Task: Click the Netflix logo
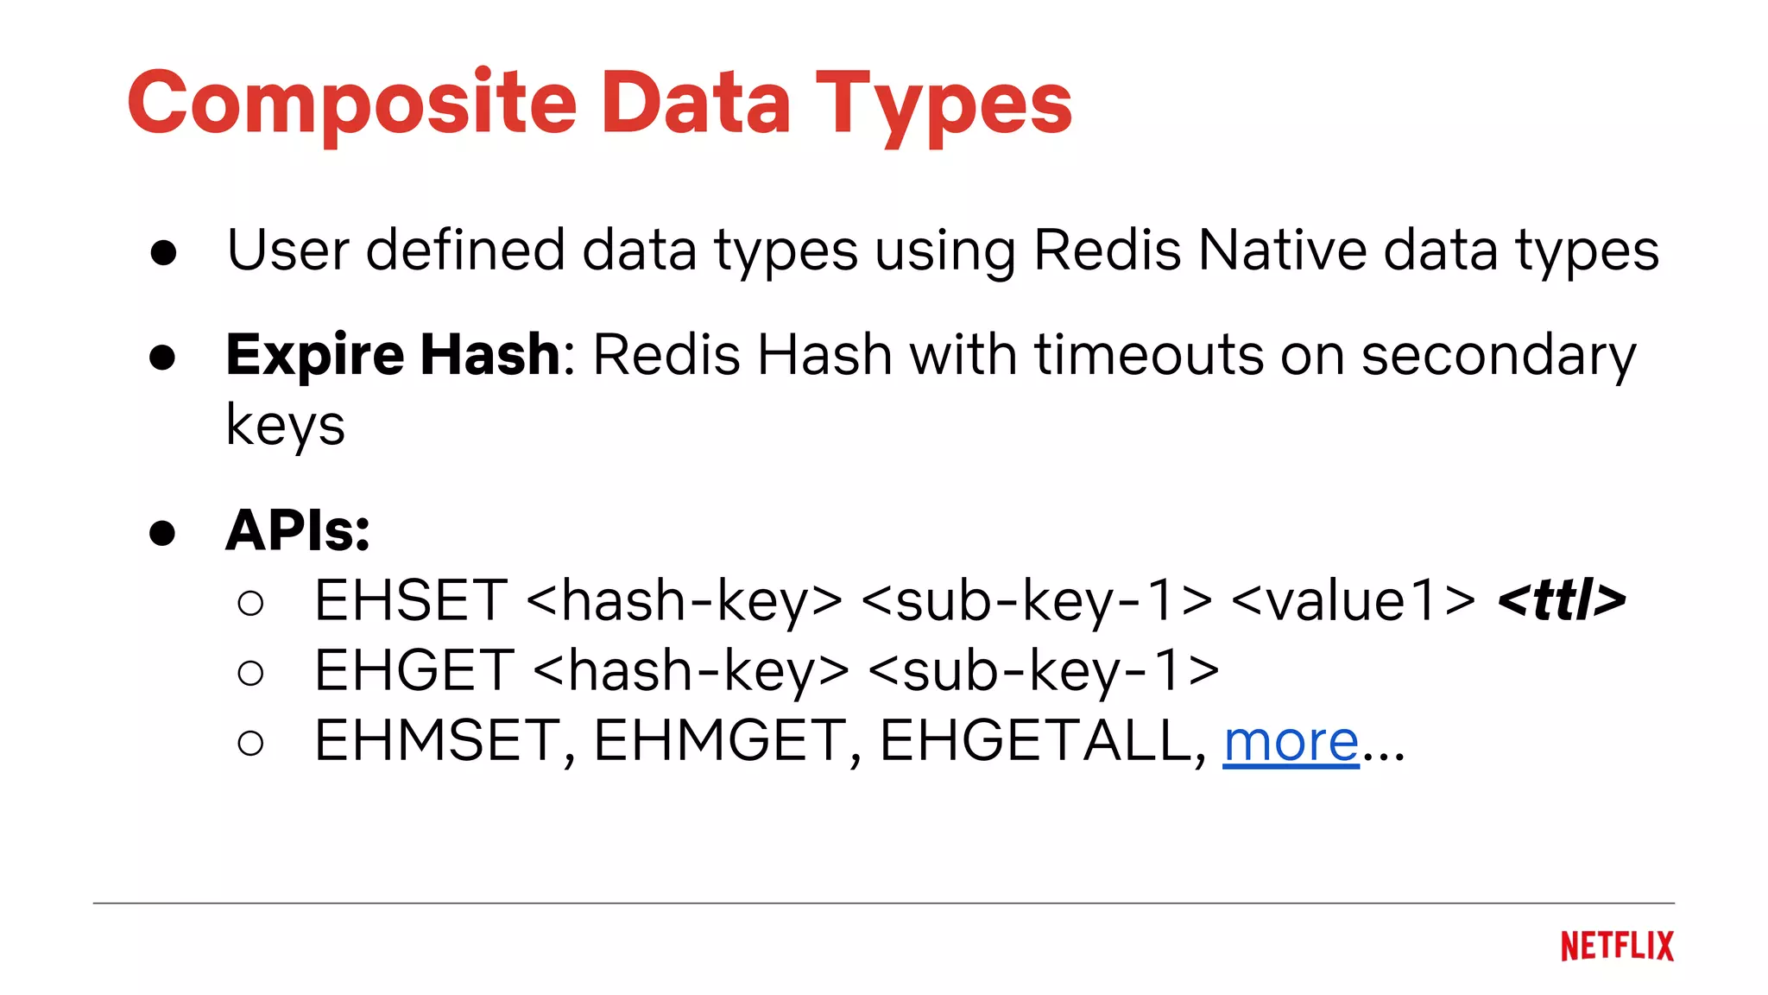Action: [1616, 946]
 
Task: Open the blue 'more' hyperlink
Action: [1291, 741]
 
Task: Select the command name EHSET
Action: [411, 600]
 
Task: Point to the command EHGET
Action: [414, 670]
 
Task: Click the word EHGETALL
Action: [1036, 741]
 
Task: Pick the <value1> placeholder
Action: [1354, 600]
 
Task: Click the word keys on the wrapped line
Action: [285, 425]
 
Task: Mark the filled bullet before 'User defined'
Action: [163, 253]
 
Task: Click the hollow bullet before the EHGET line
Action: [250, 673]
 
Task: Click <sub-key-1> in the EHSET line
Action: [1036, 600]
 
